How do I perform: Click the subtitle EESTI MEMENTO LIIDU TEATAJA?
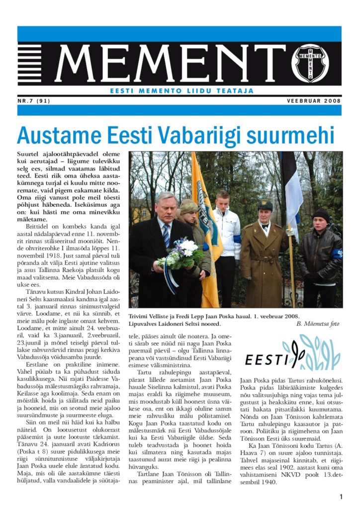tap(181, 91)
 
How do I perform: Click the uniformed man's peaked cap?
tap(265, 205)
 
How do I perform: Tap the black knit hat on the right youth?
tap(321, 214)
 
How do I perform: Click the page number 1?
tap(341, 497)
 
